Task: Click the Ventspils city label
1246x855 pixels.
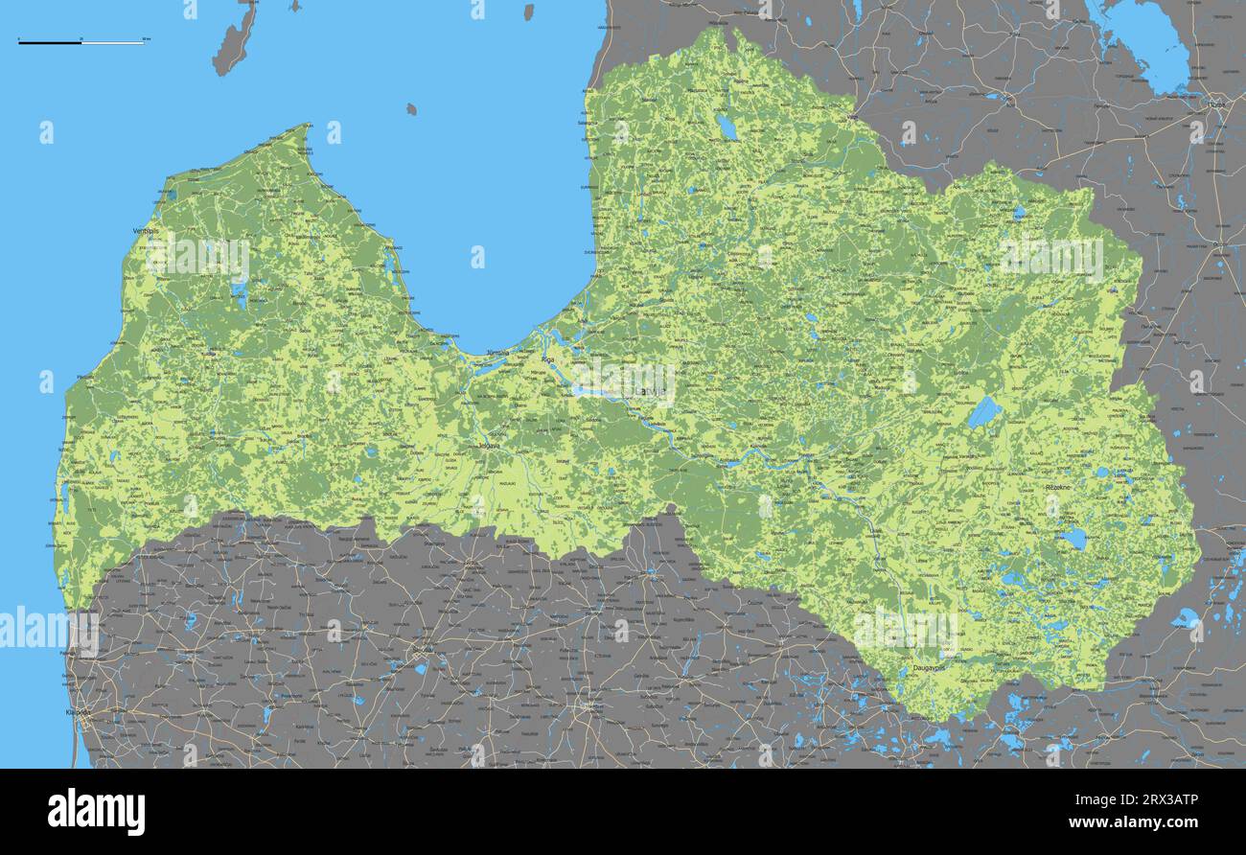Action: (146, 231)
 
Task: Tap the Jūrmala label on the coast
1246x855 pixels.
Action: (497, 353)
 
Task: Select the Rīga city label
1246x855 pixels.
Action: (548, 359)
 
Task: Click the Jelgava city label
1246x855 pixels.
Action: (489, 445)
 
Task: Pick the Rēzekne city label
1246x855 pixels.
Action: (1059, 487)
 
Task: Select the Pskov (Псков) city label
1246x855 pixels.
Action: (1216, 104)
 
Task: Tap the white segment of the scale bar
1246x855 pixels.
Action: (112, 42)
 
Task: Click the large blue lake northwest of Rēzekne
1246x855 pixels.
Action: (983, 412)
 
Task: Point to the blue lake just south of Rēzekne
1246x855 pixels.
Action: (1073, 538)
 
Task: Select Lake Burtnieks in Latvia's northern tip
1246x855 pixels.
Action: (727, 127)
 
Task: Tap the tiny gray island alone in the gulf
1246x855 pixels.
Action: (411, 109)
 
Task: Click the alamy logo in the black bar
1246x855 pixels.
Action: (96, 811)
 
